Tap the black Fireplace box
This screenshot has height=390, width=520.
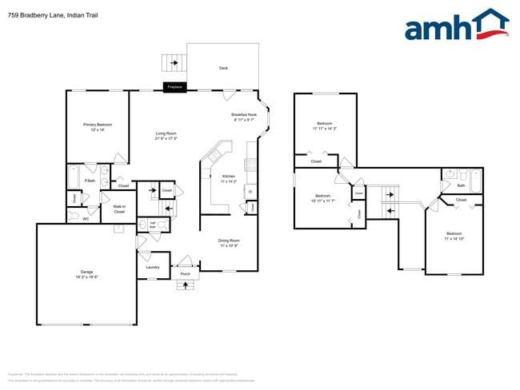pyautogui.click(x=175, y=86)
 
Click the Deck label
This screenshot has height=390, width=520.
pyautogui.click(x=223, y=68)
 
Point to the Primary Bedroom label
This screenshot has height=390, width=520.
pyautogui.click(x=98, y=126)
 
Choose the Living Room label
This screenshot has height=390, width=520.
pyautogui.click(x=166, y=136)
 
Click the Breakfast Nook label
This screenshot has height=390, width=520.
pyautogui.click(x=244, y=117)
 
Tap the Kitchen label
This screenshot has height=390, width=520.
pyautogui.click(x=228, y=178)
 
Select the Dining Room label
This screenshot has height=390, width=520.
pyautogui.click(x=229, y=242)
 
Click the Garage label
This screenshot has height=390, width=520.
pyautogui.click(x=86, y=273)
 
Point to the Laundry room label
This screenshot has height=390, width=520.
pyautogui.click(x=153, y=267)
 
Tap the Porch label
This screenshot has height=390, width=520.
pyautogui.click(x=185, y=273)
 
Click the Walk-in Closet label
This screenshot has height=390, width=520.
pyautogui.click(x=118, y=209)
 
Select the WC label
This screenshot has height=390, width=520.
pyautogui.click(x=85, y=218)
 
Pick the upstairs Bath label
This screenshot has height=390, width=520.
pyautogui.click(x=461, y=185)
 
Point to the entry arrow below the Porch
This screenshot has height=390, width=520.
pyautogui.click(x=185, y=285)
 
